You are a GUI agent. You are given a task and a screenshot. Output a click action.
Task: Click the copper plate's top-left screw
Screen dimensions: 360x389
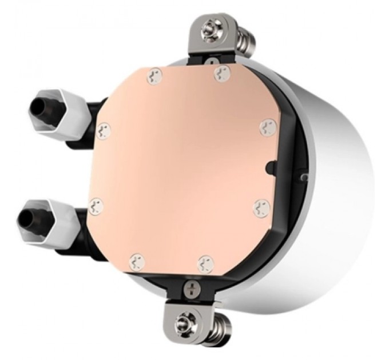[x=154, y=77]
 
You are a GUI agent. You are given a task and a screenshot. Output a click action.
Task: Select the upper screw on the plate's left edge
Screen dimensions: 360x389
[x=103, y=130]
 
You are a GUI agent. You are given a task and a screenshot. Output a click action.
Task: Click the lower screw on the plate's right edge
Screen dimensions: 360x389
[x=260, y=206]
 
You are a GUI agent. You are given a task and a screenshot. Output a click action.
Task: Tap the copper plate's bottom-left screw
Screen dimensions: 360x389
[x=136, y=261]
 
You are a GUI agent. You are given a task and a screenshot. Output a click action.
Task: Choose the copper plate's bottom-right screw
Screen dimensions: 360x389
[x=205, y=263]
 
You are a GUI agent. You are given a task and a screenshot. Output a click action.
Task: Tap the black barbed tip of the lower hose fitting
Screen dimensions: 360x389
[x=28, y=217]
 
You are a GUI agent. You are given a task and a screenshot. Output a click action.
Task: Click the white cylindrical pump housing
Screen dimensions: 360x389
[x=338, y=189]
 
